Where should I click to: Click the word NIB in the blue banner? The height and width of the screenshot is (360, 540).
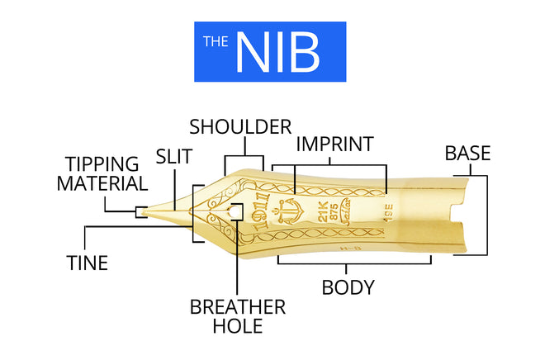[x=277, y=52]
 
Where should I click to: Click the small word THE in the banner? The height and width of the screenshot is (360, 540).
[x=216, y=40]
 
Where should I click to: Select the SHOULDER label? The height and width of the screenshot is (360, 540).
[x=240, y=127]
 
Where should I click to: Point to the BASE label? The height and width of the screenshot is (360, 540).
[x=467, y=153]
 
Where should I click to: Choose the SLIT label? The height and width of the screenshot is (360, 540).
[x=174, y=156]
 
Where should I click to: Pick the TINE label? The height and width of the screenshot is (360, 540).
[x=87, y=263]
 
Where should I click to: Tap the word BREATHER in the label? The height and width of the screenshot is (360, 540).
[x=238, y=307]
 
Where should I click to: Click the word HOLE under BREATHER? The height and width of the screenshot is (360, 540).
[x=238, y=327]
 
